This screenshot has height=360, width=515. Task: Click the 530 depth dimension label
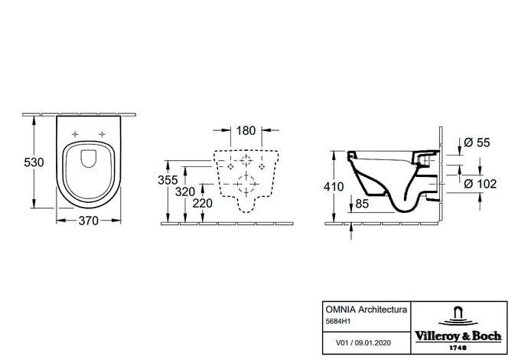coord(34,162)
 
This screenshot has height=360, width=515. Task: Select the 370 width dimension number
coord(88,221)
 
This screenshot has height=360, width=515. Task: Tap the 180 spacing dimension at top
coord(246,130)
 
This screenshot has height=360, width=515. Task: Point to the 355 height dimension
coord(168,180)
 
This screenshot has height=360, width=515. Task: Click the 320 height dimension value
coord(185,191)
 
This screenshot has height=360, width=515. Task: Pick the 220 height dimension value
coord(202,203)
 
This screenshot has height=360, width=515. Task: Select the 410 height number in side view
coord(334,187)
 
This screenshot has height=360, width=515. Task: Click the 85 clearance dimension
coord(362,204)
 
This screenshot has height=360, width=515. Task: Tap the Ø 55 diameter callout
coord(477,142)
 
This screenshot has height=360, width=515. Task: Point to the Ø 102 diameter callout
coord(481,184)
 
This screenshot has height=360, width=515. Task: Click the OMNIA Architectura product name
coord(367,309)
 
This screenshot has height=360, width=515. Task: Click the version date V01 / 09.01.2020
coord(363,343)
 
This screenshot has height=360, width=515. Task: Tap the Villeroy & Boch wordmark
coord(458,336)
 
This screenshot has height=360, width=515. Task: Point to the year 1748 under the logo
coord(458,348)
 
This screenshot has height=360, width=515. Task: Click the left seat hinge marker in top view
coord(75,134)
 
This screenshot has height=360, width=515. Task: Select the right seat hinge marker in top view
coord(102,134)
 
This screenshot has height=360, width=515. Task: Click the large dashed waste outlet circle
coord(246,184)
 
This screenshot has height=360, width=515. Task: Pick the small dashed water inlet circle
coord(246,160)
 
